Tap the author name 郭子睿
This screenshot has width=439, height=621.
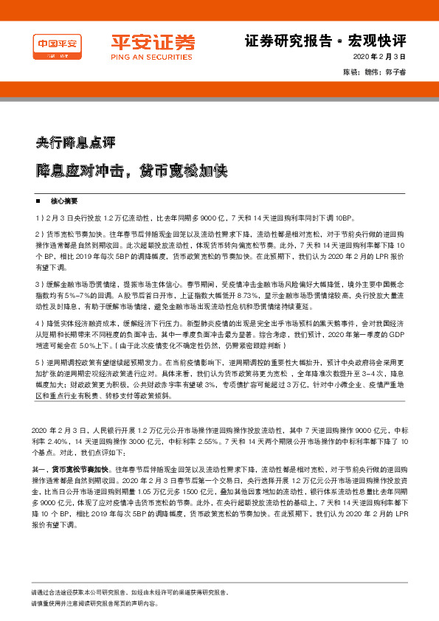click(x=395, y=72)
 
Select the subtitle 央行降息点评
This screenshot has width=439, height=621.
click(x=76, y=141)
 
